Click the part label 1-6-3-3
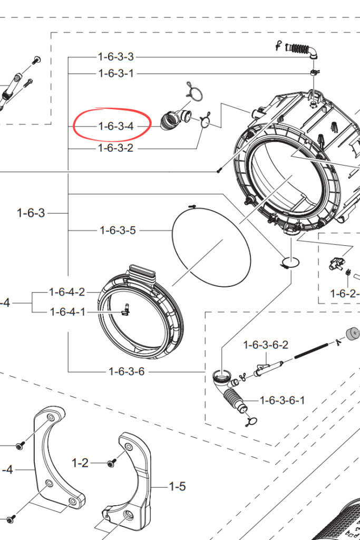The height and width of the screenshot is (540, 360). [x=115, y=57]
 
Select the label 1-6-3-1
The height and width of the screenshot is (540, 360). [x=116, y=73]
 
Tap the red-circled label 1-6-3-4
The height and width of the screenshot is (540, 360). [x=116, y=126]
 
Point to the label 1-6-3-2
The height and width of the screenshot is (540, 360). [x=115, y=148]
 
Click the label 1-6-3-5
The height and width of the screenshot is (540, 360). [x=118, y=230]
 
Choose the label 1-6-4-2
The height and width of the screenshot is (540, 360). [x=67, y=292]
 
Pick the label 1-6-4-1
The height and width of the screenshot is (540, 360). [x=67, y=312]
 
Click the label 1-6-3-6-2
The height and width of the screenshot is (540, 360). [x=266, y=345]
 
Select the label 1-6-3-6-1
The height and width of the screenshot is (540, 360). [x=282, y=400]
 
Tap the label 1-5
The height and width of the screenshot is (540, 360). [x=177, y=486]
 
